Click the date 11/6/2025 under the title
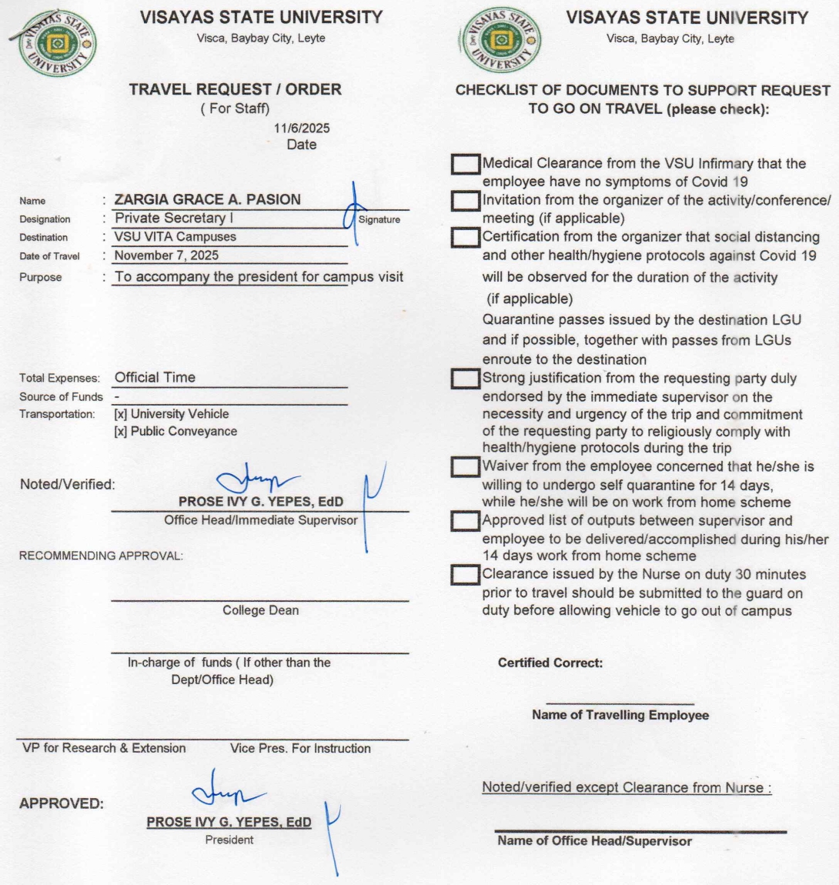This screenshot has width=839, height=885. coord(302,129)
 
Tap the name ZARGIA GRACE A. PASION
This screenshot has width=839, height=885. coord(207,199)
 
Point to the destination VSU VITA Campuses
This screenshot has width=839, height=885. coord(175,237)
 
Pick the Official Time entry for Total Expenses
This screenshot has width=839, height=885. coord(155,377)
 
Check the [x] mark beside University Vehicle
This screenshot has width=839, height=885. coord(121,414)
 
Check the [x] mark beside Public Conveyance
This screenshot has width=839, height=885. coord(121,431)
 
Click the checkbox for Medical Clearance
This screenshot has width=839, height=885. coord(465,164)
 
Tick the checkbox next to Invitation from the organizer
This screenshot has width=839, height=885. coord(465,201)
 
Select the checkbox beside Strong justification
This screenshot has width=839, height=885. coord(465,379)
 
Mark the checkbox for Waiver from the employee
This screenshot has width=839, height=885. coord(465,466)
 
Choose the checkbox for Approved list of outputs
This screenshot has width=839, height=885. coord(465,521)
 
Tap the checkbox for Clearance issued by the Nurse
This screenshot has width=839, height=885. coord(465,574)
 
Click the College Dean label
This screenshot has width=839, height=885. coord(260,610)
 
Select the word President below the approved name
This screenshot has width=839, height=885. coord(229,840)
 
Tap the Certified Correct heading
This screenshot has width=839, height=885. coord(550,663)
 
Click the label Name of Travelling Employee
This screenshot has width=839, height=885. coord(620,715)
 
